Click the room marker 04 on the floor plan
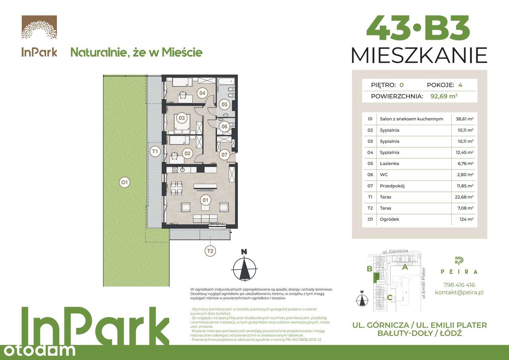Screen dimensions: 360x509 202,93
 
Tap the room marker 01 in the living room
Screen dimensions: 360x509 205,200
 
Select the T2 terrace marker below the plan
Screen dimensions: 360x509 210,251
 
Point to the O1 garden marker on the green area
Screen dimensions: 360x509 124,183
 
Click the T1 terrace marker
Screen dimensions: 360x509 155,151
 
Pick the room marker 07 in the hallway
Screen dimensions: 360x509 224,155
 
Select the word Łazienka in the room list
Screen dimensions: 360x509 390,163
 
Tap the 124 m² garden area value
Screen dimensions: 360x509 466,219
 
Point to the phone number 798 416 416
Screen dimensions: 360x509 459,285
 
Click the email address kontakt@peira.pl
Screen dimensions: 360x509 459,292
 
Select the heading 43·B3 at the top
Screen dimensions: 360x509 418,28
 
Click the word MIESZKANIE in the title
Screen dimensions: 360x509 419,55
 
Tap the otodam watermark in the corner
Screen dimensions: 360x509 38,350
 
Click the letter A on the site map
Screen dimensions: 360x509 405,267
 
